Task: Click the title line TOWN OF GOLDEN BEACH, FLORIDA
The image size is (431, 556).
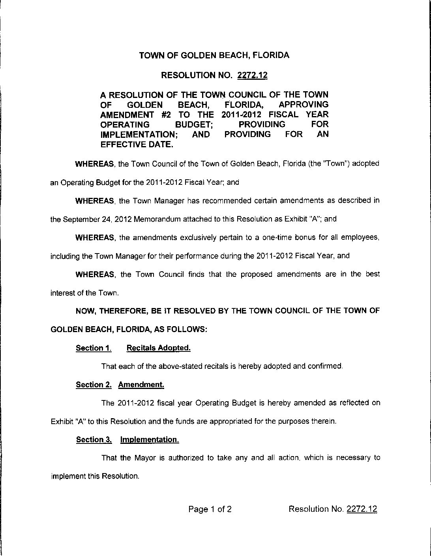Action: click(x=214, y=55)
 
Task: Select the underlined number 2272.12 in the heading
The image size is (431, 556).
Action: click(x=252, y=75)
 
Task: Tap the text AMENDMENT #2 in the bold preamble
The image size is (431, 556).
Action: click(x=132, y=115)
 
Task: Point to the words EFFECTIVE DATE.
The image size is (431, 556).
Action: click(x=137, y=145)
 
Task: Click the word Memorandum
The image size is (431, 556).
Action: click(x=156, y=219)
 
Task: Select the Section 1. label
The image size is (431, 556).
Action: click(x=93, y=348)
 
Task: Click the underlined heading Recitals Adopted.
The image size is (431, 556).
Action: click(x=159, y=348)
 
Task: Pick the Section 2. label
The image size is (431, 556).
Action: click(x=94, y=385)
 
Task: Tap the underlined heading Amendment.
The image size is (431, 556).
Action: click(x=141, y=385)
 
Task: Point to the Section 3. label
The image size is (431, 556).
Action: click(x=94, y=440)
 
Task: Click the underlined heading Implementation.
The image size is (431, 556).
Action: click(x=149, y=440)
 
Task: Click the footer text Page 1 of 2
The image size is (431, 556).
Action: click(x=210, y=509)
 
